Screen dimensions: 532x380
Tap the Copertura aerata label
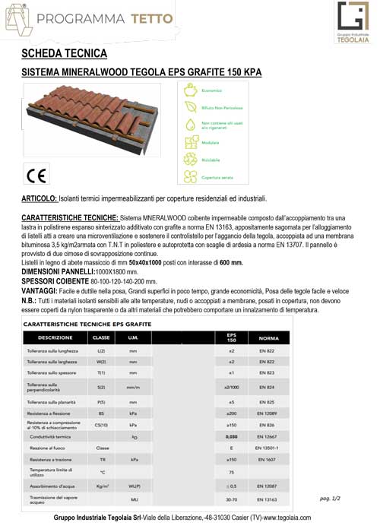(216, 179)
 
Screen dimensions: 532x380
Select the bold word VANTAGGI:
(40, 291)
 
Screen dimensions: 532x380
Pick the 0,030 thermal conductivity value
(232, 438)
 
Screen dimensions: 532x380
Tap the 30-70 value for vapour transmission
(232, 499)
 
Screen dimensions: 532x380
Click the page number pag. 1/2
(331, 498)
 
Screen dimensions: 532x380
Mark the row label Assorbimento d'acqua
(49, 485)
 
